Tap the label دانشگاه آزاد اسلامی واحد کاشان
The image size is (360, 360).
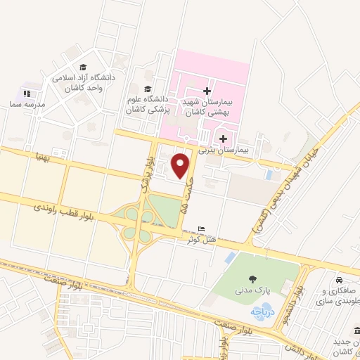[84, 84]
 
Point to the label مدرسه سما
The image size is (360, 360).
[31, 104]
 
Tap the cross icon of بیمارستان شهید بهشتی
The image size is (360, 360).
[206, 91]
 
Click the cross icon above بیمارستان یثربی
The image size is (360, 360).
[224, 139]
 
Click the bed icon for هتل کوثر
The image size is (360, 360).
[202, 229]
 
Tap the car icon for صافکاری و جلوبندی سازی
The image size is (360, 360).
[339, 278]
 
